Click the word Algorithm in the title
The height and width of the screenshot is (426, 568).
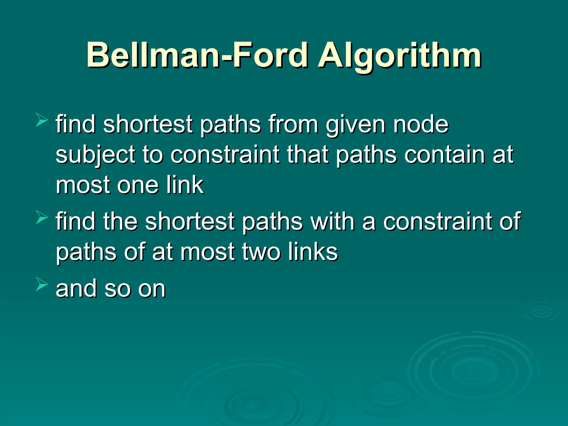point(400,55)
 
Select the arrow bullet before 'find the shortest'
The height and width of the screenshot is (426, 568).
point(42,217)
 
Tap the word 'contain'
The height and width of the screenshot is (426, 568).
point(444,154)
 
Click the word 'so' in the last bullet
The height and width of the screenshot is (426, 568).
point(116,289)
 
